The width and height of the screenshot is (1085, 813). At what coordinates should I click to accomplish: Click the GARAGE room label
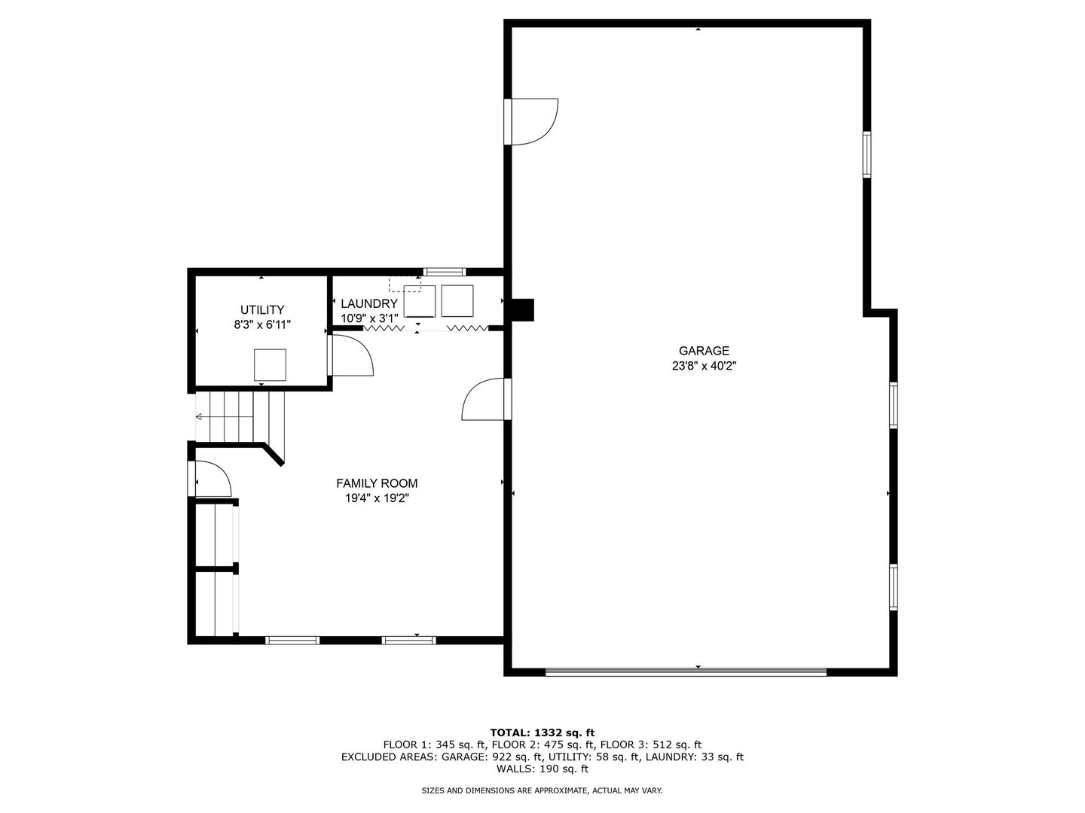click(x=704, y=351)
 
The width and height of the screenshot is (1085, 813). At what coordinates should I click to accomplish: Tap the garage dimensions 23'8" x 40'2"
click(x=704, y=366)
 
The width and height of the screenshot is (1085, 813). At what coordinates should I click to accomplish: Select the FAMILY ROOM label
click(x=377, y=483)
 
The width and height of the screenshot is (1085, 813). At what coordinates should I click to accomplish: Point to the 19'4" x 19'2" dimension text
click(x=377, y=498)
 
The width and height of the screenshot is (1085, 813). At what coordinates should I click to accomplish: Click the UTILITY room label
click(x=262, y=309)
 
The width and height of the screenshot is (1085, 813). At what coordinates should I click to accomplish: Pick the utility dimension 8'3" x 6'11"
click(x=262, y=324)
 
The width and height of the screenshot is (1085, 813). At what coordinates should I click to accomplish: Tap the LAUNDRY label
click(x=369, y=303)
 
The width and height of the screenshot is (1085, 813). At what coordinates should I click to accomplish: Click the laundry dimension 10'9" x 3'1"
click(x=369, y=318)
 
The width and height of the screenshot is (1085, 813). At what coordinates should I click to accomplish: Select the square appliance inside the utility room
click(x=270, y=365)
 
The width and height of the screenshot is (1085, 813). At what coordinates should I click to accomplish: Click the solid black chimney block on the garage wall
click(x=522, y=310)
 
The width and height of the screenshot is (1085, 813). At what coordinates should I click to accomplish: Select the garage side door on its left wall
click(x=532, y=122)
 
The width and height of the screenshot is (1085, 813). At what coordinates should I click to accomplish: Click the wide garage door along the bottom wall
click(x=686, y=671)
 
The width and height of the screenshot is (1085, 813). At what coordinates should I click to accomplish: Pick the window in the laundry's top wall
click(x=445, y=272)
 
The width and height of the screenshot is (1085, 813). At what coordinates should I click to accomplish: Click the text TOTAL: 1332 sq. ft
click(x=542, y=732)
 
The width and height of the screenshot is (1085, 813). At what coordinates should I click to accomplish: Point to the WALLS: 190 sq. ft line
click(x=542, y=769)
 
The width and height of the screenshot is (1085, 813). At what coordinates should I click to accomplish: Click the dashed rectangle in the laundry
click(x=405, y=285)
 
